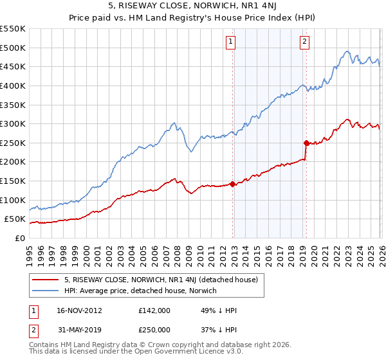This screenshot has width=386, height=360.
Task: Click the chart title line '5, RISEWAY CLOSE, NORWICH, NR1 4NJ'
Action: pyautogui.click(x=193, y=7)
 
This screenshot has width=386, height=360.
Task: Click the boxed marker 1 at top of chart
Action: pyautogui.click(x=230, y=42)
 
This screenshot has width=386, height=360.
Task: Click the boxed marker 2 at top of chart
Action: pyautogui.click(x=304, y=42)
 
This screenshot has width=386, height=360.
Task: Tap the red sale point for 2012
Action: pyautogui.click(x=232, y=184)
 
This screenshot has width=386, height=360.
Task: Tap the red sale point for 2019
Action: pyautogui.click(x=306, y=143)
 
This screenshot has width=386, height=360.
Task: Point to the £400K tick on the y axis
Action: pyautogui.click(x=14, y=85)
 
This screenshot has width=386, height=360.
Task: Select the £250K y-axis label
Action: pyautogui.click(x=14, y=143)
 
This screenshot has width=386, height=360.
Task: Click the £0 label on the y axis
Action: pyautogui.click(x=19, y=238)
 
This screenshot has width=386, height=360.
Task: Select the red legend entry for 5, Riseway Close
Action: pyautogui.click(x=161, y=280)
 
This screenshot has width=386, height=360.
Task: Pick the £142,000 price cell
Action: pyautogui.click(x=154, y=310)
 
